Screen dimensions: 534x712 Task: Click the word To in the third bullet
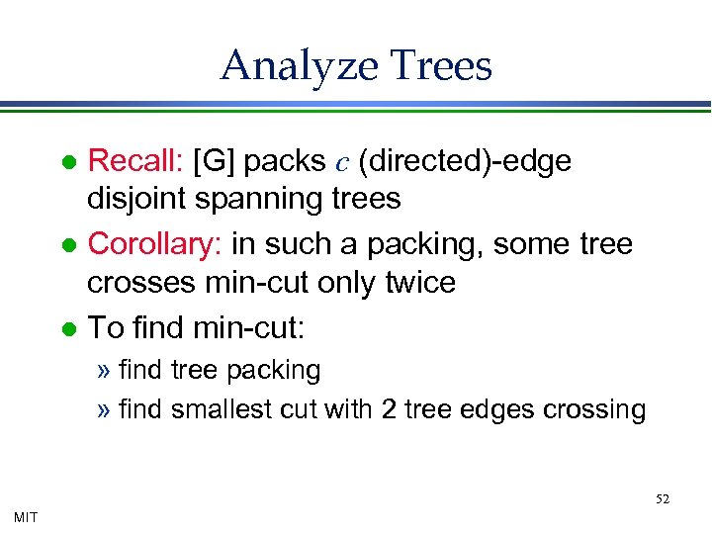coord(105,325)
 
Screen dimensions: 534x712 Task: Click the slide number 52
coord(663,499)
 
